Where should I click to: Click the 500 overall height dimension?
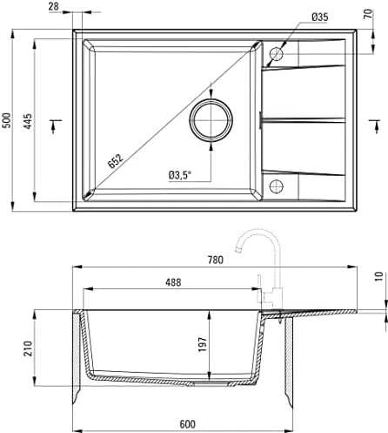point(6,120)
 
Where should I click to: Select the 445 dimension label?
point(28,121)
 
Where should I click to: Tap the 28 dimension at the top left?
point(54,6)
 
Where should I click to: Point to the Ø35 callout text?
point(320,17)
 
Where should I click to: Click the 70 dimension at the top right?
point(368,14)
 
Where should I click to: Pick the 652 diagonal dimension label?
point(116,160)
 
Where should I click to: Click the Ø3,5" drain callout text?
point(180,175)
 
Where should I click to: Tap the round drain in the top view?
point(211,119)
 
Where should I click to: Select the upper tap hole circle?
point(276,54)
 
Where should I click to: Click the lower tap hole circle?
point(276,186)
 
